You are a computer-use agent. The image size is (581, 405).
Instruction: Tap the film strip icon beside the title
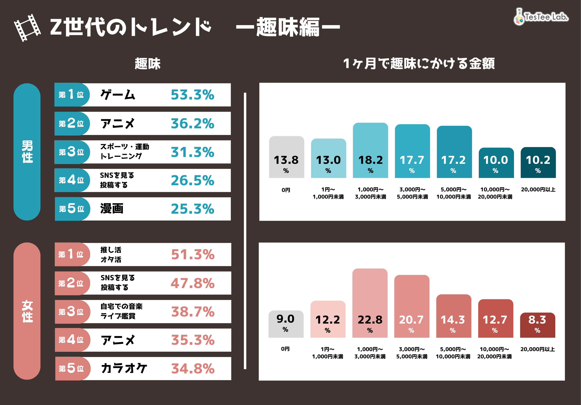click(x=27, y=28)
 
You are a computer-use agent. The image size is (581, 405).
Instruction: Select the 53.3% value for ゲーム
click(x=192, y=95)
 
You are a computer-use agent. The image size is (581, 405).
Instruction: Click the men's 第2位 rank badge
click(x=72, y=123)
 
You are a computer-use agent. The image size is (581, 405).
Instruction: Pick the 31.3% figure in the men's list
click(x=192, y=152)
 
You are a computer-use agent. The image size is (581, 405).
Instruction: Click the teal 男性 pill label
click(x=27, y=152)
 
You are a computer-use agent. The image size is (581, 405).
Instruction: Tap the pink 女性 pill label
click(x=27, y=311)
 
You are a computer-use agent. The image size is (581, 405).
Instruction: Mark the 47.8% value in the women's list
click(x=193, y=283)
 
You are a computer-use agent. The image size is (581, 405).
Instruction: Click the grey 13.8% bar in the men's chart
click(x=286, y=157)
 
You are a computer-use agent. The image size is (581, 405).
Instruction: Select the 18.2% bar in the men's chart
click(x=370, y=151)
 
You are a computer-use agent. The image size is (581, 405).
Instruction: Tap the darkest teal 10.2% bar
click(x=538, y=163)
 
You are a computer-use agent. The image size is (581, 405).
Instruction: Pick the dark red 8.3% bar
click(x=537, y=325)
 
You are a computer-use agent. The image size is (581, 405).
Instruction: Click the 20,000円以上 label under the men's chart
click(x=538, y=190)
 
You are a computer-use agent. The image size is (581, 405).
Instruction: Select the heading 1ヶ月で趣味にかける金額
click(x=419, y=63)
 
